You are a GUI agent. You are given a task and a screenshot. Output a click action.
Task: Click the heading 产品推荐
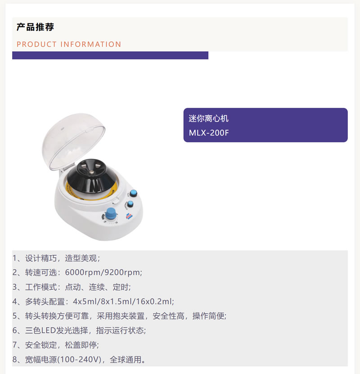click(35, 27)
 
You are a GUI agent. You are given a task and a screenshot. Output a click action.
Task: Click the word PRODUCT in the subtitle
click(36, 44)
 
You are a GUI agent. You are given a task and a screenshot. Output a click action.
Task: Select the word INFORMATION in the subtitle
click(91, 44)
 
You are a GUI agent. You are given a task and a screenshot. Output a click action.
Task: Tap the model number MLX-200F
click(209, 133)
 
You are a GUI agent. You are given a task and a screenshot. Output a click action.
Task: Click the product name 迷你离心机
click(209, 118)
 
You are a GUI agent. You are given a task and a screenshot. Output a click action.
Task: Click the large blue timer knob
click(111, 213)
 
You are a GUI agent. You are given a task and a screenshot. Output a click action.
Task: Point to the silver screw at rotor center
click(91, 172)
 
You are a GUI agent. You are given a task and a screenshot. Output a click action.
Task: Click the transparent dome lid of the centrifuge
click(74, 141)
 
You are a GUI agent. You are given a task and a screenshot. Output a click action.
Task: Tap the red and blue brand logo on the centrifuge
click(129, 216)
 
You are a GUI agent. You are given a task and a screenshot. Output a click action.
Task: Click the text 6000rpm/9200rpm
click(103, 272)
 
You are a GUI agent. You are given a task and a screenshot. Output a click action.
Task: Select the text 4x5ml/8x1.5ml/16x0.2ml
click(123, 302)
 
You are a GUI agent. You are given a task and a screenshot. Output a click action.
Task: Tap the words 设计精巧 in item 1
click(41, 258)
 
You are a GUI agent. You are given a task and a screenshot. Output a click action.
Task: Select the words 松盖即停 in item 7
click(81, 345)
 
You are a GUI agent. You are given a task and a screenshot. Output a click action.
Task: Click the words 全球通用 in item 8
click(126, 360)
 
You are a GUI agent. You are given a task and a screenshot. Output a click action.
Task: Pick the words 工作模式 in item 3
click(41, 287)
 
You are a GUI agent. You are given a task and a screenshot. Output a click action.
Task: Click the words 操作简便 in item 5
click(208, 316)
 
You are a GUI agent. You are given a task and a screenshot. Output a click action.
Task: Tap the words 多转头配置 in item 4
click(45, 302)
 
